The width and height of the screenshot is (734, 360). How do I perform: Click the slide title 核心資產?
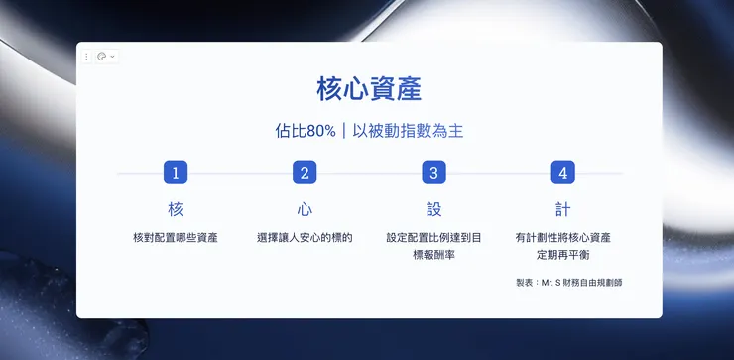(369, 89)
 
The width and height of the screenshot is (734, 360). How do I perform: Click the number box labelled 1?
(176, 173)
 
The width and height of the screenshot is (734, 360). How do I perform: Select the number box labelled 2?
(305, 173)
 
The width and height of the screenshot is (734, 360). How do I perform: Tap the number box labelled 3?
(433, 173)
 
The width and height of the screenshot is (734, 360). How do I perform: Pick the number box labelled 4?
(563, 173)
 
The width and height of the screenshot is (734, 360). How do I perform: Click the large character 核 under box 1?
(176, 210)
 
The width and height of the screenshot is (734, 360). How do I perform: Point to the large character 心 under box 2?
(305, 210)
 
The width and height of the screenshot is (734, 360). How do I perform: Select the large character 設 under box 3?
(433, 210)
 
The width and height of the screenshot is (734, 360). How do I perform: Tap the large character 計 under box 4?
(563, 210)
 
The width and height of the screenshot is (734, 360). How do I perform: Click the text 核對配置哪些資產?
(176, 238)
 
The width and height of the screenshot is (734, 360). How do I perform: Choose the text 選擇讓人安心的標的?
(305, 238)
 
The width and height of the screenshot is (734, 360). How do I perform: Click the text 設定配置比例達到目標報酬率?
(433, 246)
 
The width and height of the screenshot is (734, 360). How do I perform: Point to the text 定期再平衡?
(563, 255)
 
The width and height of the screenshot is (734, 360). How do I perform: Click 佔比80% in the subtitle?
(306, 131)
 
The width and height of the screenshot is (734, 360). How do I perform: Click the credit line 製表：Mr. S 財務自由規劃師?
(569, 283)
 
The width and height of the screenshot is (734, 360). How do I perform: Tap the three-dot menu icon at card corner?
(86, 57)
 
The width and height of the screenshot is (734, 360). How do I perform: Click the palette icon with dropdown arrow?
(104, 57)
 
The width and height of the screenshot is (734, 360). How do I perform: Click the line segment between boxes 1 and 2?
(240, 173)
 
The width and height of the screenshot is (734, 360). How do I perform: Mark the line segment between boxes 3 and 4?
(498, 173)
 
